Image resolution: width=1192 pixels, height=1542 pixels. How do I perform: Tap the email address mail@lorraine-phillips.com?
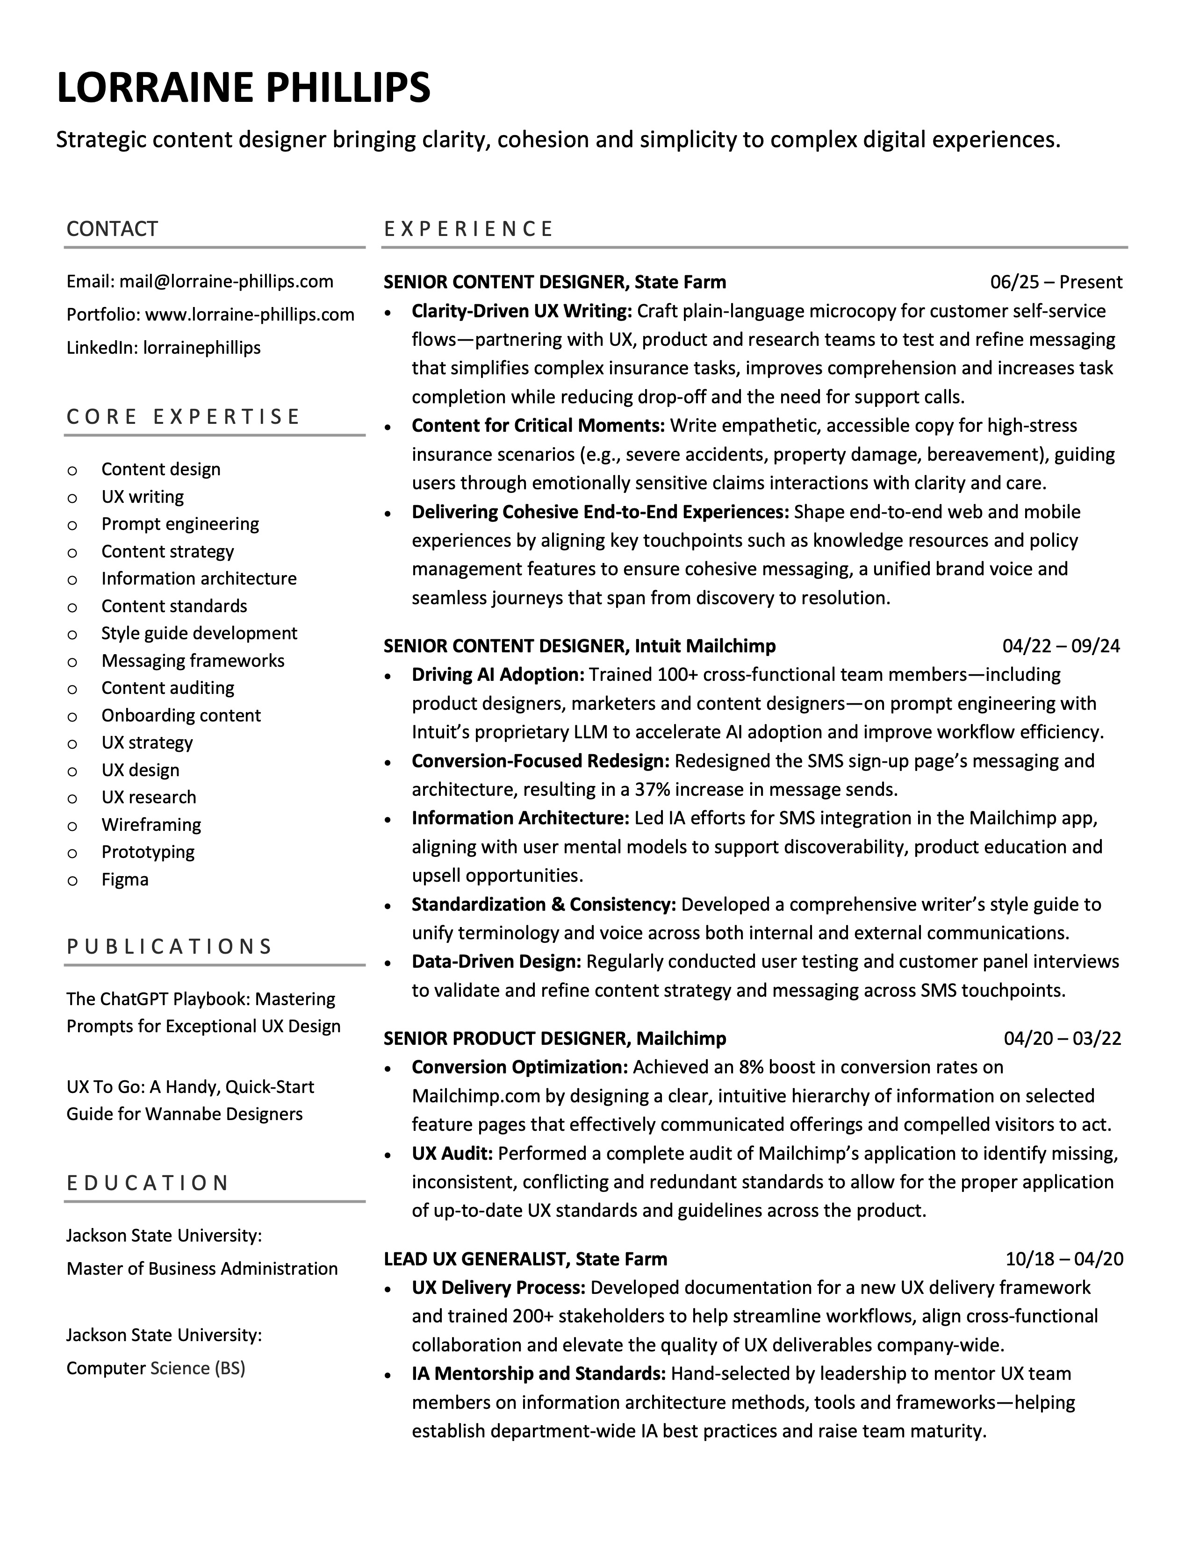226,282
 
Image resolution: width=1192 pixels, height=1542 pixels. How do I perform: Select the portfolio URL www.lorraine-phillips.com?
249,315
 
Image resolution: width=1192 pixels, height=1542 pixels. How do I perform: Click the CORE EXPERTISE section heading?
184,416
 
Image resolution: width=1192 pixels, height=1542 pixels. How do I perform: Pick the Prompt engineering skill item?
180,524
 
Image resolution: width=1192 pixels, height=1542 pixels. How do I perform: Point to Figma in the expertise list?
125,880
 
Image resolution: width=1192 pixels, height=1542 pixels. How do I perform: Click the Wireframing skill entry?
151,825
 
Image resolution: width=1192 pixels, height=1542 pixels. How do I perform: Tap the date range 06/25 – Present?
1056,282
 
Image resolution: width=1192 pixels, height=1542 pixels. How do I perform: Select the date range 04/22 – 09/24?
1061,646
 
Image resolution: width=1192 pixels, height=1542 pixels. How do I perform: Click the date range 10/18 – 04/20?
1063,1259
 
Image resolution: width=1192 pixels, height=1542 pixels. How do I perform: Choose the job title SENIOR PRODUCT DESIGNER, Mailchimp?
554,1039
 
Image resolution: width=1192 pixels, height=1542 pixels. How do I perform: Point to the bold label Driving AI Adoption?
498,675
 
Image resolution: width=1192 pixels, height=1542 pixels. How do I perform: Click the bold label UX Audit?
452,1154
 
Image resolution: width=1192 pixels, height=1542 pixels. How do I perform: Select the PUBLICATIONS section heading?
170,947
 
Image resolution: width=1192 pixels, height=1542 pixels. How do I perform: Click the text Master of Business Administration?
202,1269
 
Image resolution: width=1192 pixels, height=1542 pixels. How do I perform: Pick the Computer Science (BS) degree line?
155,1368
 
